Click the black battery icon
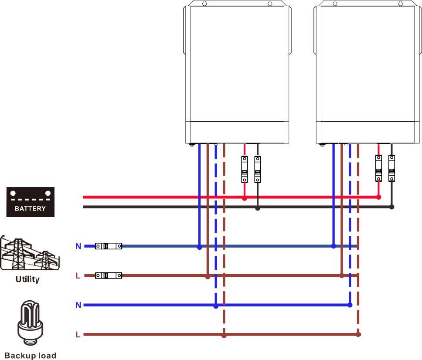pyautogui.click(x=31, y=202)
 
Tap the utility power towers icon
pyautogui.click(x=30, y=254)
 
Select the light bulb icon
pyautogui.click(x=31, y=323)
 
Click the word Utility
pyautogui.click(x=27, y=279)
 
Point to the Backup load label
pyautogui.click(x=31, y=356)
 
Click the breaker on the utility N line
pyautogui.click(x=109, y=246)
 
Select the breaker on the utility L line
pyautogui.click(x=109, y=275)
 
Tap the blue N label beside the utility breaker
pyautogui.click(x=78, y=246)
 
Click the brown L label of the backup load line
pyautogui.click(x=78, y=335)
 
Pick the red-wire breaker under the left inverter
pyautogui.click(x=245, y=169)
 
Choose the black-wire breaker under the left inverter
pyautogui.click(x=258, y=169)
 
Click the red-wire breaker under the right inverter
pyautogui.click(x=378, y=168)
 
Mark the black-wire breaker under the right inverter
pyautogui.click(x=391, y=168)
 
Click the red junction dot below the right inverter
pyautogui.click(x=379, y=197)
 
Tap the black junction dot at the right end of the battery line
pyautogui.click(x=392, y=207)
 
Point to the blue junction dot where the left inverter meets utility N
pyautogui.click(x=199, y=247)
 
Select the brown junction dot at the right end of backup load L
pyautogui.click(x=358, y=334)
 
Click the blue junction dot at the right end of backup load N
pyautogui.click(x=350, y=305)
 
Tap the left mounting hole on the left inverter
pyautogui.click(x=204, y=3)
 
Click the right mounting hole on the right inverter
pyautogui.click(x=401, y=3)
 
